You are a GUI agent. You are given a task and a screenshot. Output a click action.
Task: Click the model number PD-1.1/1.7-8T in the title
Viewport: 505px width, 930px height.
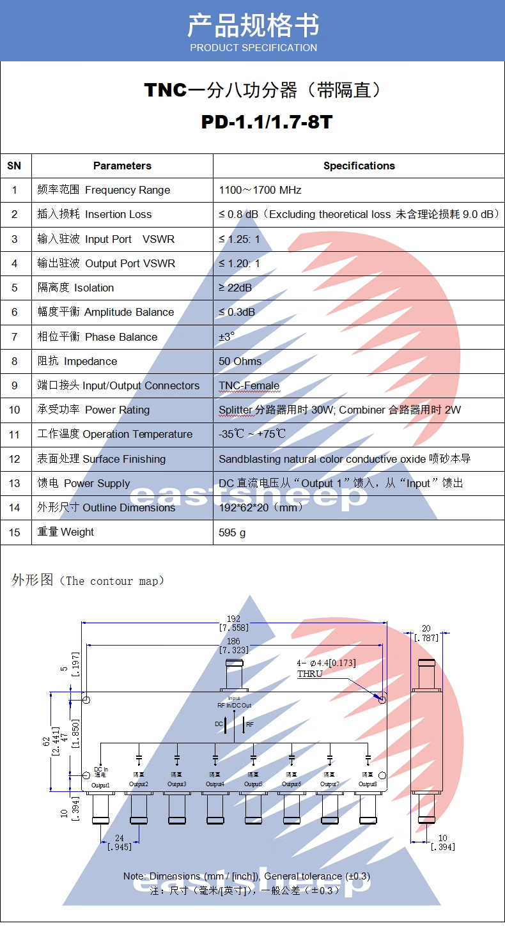(267, 122)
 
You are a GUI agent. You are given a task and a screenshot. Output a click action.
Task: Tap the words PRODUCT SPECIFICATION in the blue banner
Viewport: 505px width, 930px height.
(253, 48)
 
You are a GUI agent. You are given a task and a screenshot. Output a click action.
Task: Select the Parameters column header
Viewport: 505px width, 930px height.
(122, 166)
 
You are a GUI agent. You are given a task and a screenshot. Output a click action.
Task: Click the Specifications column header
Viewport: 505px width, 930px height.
(359, 166)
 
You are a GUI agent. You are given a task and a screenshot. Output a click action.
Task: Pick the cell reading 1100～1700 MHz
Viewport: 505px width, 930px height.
(260, 190)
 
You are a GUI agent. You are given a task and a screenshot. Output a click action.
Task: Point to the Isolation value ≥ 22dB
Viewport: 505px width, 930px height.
(235, 288)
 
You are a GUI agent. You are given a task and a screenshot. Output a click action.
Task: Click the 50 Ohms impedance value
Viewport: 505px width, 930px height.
(240, 361)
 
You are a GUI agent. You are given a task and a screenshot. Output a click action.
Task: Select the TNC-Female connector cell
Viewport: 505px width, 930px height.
(249, 385)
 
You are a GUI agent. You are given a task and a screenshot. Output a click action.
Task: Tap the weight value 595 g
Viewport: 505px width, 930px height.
(232, 532)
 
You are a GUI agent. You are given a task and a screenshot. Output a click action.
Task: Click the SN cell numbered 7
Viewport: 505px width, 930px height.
(15, 337)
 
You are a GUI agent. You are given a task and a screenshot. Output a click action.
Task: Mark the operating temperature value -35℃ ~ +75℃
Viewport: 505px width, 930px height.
(252, 434)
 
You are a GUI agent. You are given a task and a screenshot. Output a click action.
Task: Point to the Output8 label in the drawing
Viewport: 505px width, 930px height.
(368, 784)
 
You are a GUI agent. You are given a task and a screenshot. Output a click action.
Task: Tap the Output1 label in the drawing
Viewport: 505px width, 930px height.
(101, 785)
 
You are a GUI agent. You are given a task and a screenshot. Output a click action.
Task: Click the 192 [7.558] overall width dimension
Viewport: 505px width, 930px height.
(233, 623)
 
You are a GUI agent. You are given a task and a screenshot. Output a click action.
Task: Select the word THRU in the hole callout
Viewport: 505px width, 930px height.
(309, 674)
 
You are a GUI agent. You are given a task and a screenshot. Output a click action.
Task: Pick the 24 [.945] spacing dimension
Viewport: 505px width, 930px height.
(119, 842)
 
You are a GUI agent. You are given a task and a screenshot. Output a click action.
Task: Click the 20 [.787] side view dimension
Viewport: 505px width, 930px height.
(426, 633)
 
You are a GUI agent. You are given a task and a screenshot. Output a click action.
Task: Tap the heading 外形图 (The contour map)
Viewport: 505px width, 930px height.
(88, 581)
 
